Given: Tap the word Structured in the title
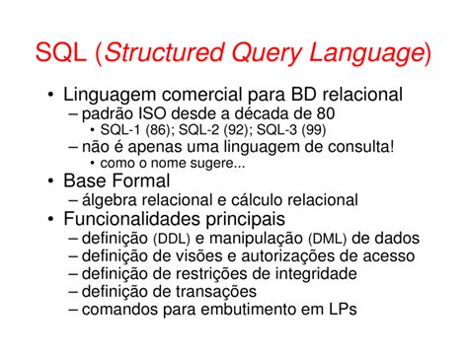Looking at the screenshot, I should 173,50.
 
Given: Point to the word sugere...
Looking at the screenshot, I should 213,164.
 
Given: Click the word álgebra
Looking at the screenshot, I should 115,200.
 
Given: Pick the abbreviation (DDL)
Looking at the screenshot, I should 174,238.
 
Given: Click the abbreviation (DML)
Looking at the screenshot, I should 327,238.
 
